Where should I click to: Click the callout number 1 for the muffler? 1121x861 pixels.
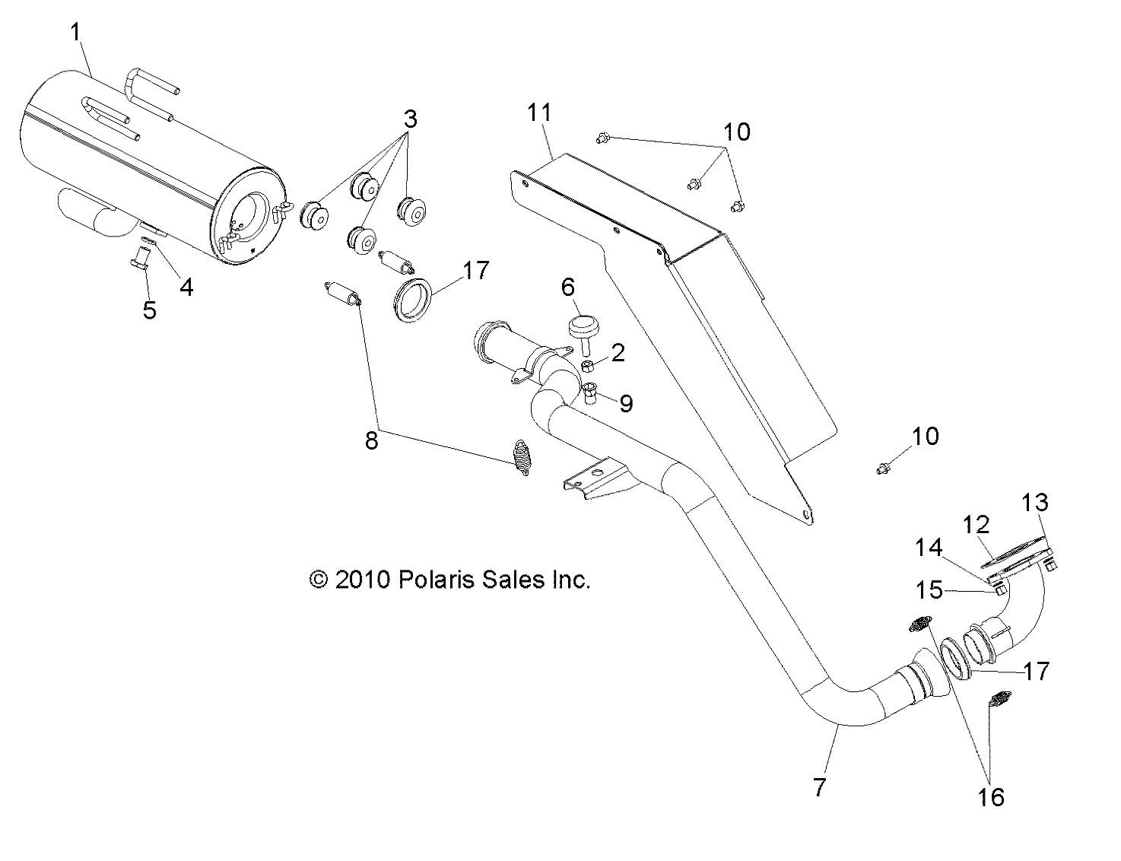tap(75, 32)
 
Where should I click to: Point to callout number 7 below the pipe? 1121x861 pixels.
tap(819, 787)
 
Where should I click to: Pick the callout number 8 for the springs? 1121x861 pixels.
tap(371, 440)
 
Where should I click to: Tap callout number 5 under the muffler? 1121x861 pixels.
tap(150, 310)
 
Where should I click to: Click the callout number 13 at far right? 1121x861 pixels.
tap(1035, 502)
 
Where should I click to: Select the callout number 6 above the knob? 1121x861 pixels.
tap(568, 288)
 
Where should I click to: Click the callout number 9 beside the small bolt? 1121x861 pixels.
tap(626, 402)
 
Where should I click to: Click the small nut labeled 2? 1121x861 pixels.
tap(588, 367)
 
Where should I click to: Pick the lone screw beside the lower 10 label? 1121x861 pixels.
tap(881, 469)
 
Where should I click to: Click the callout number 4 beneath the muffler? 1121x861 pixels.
tap(186, 287)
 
